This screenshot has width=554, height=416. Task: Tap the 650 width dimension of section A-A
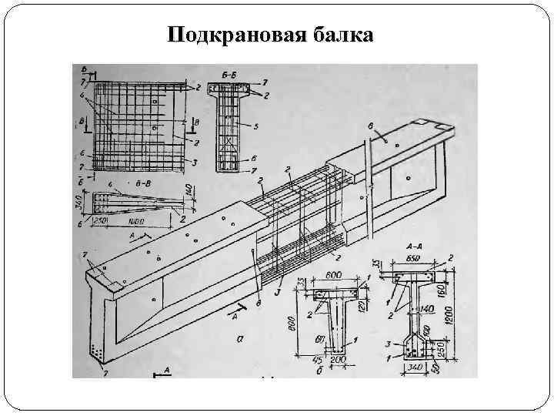point(412,259)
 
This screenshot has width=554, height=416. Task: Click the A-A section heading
point(412,247)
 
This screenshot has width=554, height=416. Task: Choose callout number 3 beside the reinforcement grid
point(195,162)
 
